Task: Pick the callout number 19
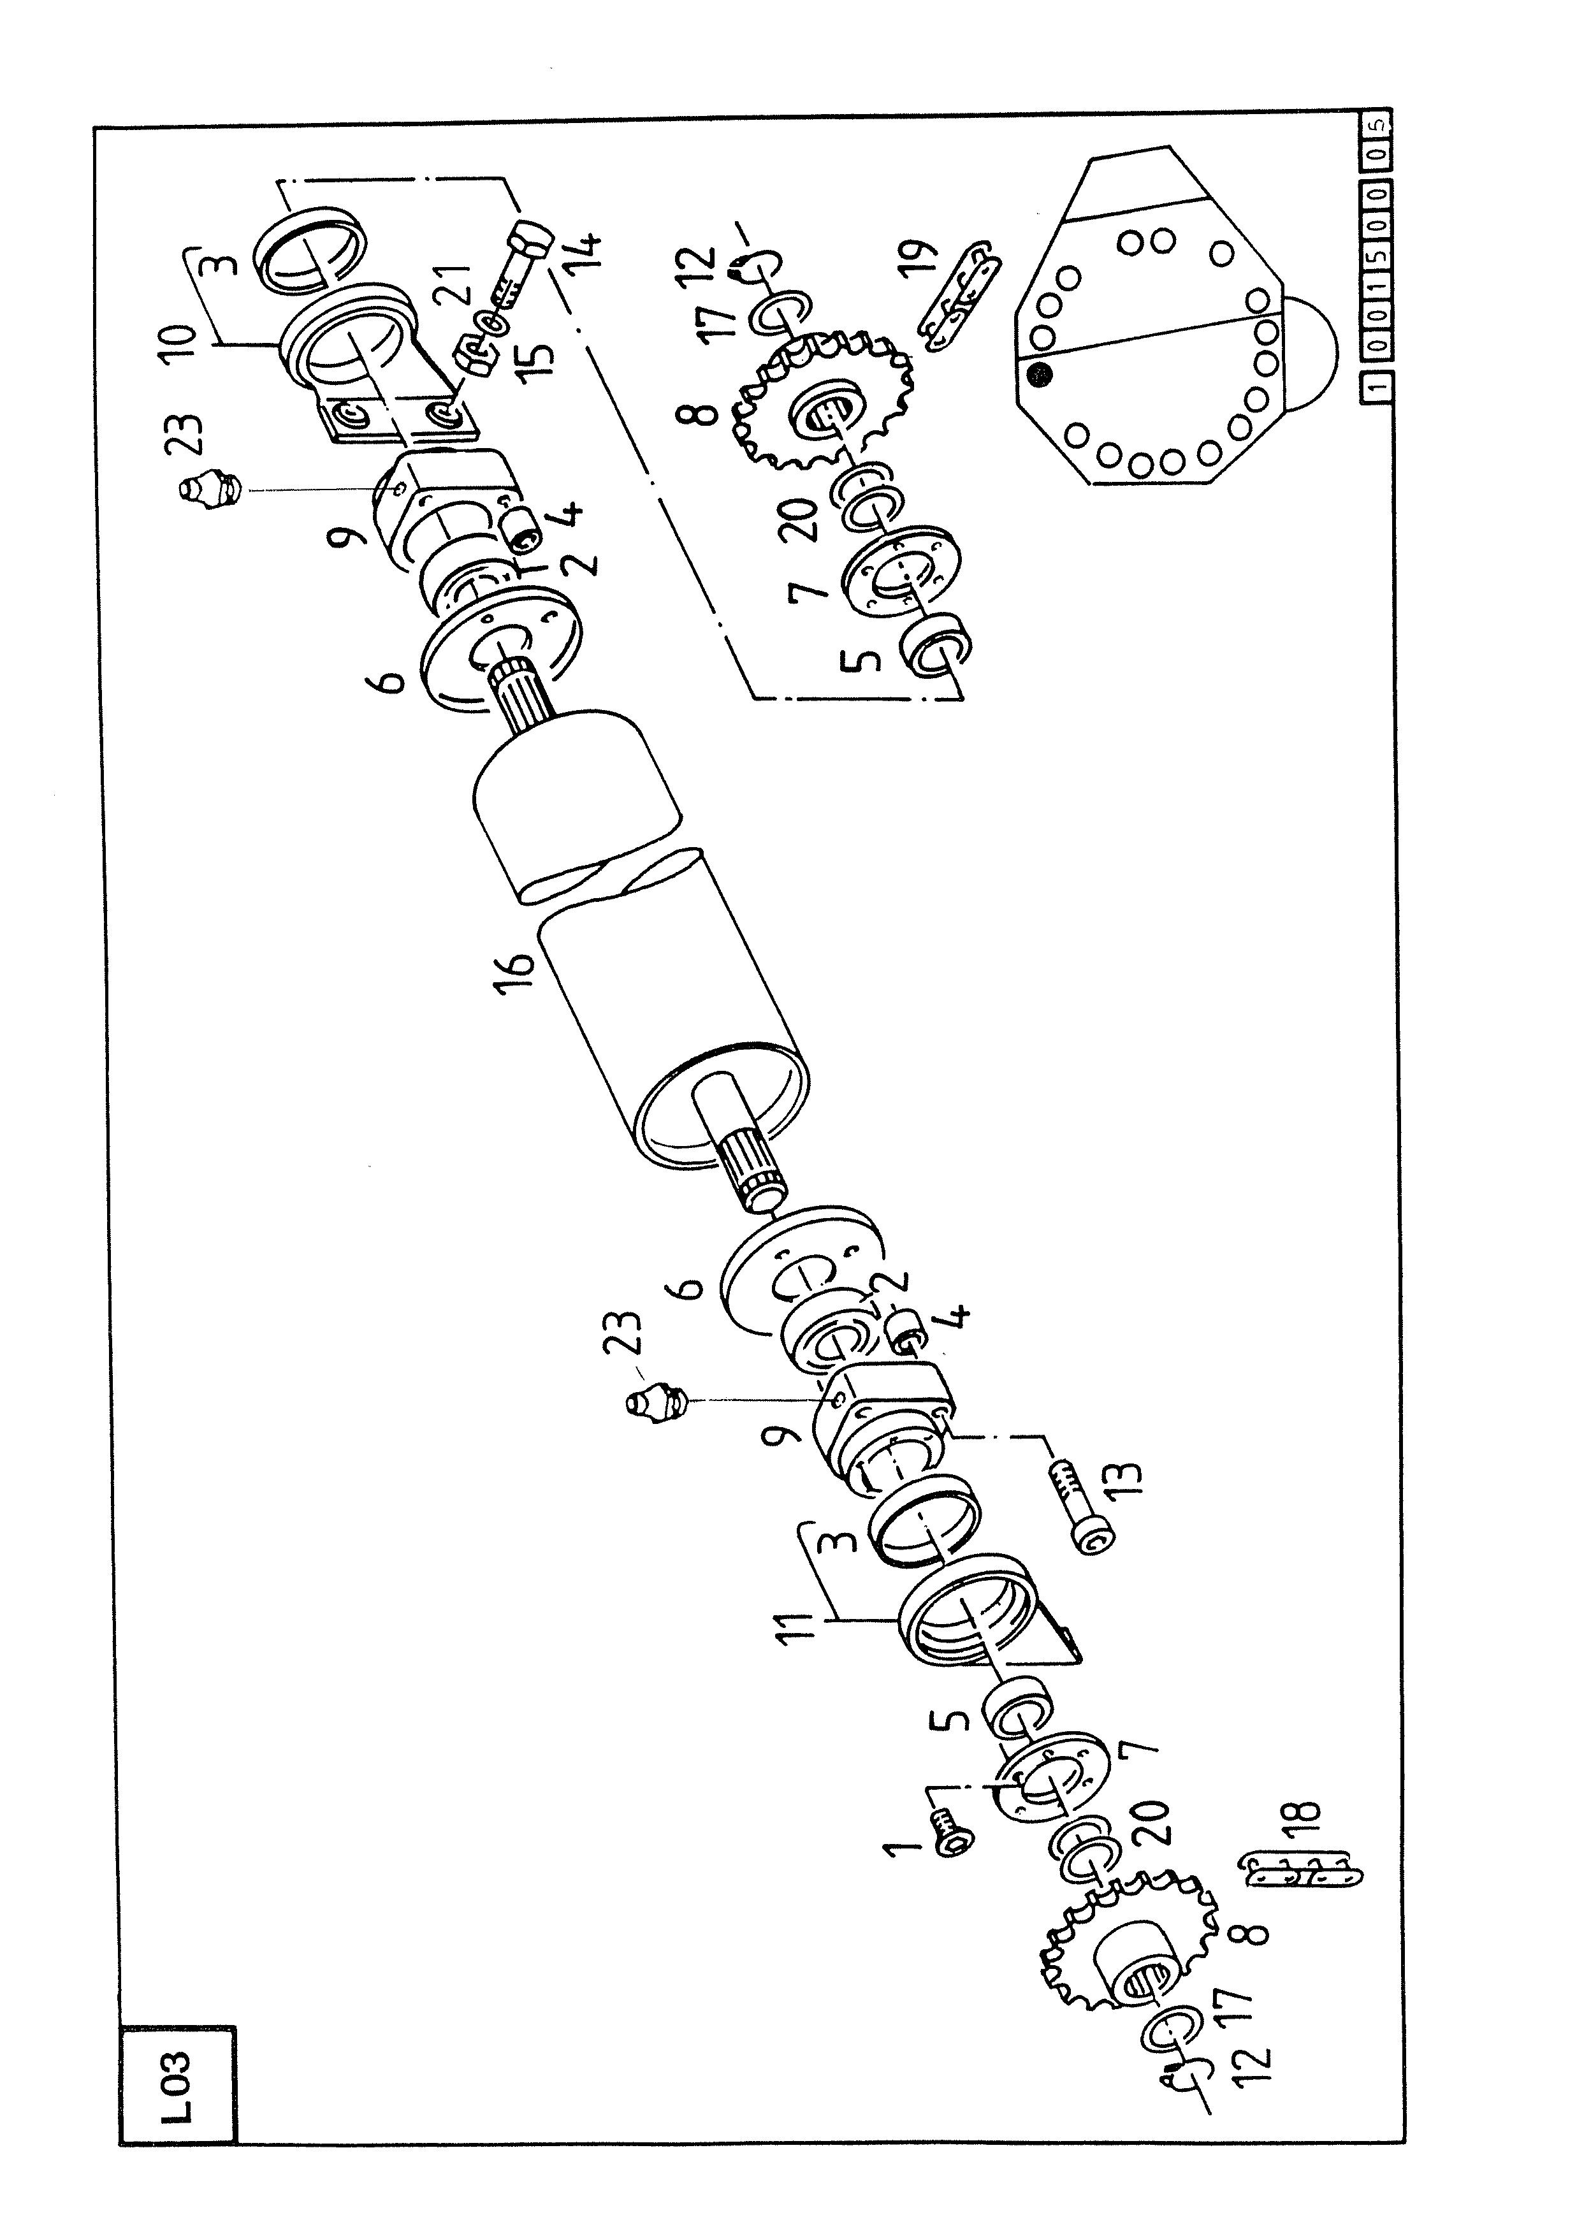[920, 263]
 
